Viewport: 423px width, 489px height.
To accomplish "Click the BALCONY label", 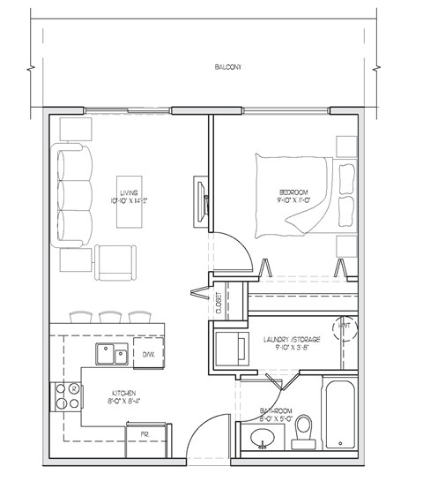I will [227, 67].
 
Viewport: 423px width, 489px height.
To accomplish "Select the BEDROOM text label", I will [293, 192].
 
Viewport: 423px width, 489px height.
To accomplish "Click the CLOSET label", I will [218, 304].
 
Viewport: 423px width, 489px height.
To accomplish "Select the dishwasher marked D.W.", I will [149, 355].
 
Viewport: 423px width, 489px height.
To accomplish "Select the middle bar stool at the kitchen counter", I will [110, 317].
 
